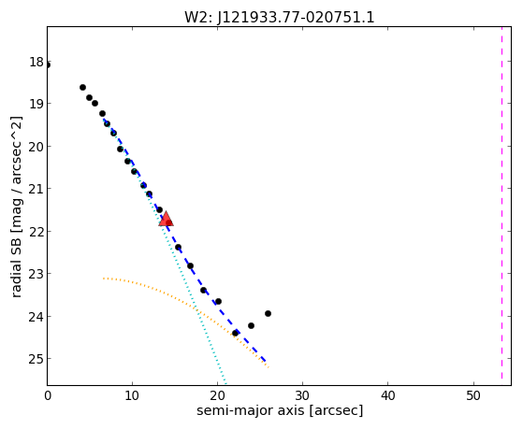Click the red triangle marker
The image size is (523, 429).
tap(166, 219)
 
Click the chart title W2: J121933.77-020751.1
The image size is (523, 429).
tap(280, 18)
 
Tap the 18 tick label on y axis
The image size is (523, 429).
tap(36, 62)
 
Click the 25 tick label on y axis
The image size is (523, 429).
tap(36, 359)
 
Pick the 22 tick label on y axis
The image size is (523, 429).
tap(36, 232)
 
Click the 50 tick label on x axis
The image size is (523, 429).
tap(473, 395)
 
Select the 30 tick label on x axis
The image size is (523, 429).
tap(302, 395)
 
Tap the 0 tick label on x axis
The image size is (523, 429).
tap(48, 395)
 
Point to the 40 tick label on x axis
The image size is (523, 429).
tap(387, 395)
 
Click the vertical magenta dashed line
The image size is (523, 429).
tap(501, 204)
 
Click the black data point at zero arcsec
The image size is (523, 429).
tap(48, 64)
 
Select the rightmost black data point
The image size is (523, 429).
tap(268, 313)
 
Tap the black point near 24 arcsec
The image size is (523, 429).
tap(251, 325)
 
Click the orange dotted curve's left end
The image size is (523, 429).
tap(104, 278)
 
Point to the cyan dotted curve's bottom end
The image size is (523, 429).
tap(225, 383)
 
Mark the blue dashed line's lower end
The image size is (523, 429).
tap(266, 361)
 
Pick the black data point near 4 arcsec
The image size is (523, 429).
tap(82, 87)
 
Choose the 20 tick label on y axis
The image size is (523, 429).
tap(36, 147)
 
